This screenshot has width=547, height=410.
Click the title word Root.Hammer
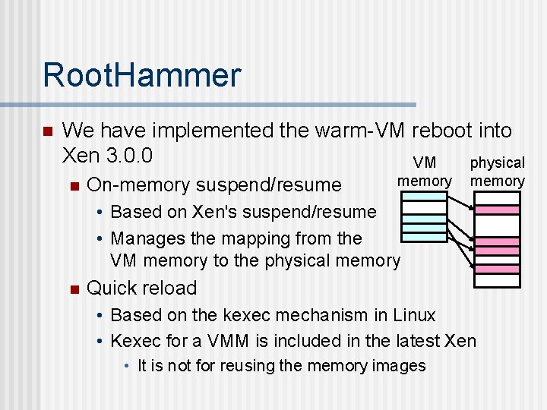tap(141, 75)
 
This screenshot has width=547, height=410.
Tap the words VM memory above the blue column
tap(424, 172)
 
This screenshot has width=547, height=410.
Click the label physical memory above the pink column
tap(498, 172)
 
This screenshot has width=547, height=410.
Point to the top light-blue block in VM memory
tap(424, 195)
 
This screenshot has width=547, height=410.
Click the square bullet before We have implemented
tap(47, 132)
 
